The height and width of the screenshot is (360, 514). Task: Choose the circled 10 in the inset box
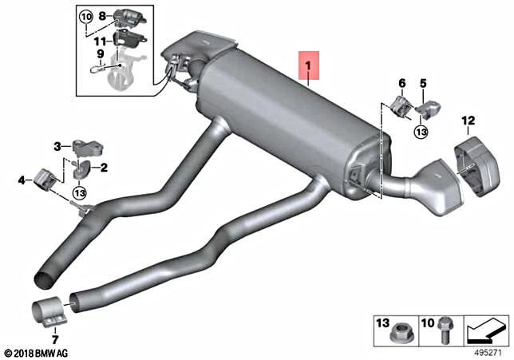[85, 16]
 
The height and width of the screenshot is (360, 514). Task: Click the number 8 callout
[101, 15]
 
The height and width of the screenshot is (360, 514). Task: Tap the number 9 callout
[101, 55]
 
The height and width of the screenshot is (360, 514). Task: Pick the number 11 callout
[99, 39]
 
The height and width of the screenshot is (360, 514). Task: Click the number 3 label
[57, 145]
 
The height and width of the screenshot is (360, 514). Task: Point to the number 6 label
[401, 82]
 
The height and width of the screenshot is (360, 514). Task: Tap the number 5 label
[423, 82]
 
